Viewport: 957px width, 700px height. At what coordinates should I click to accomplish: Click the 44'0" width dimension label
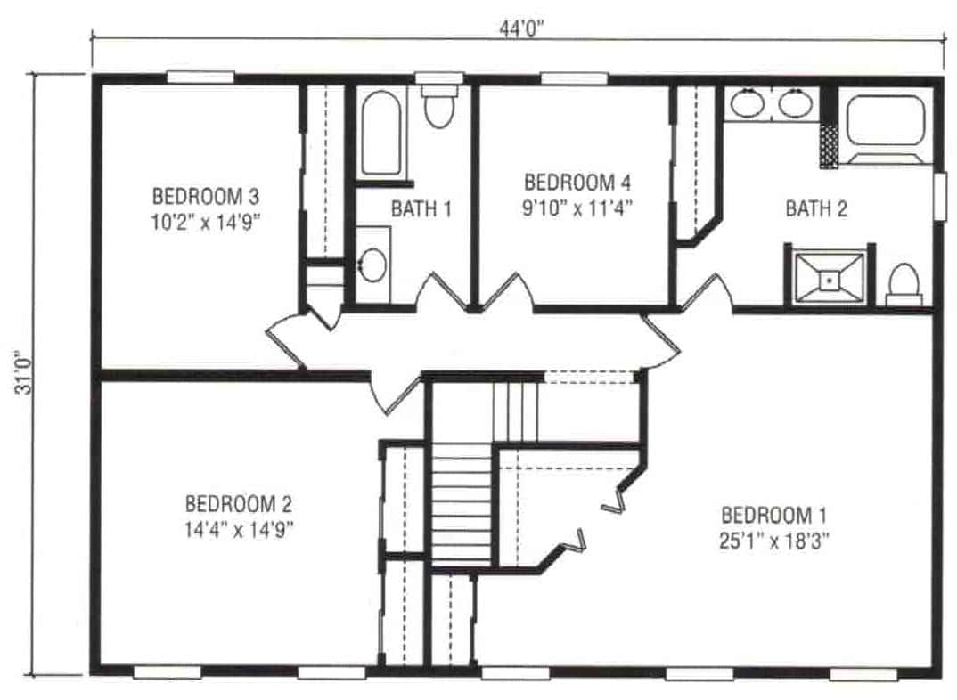[521, 26]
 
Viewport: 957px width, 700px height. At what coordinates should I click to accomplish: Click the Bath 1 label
[421, 209]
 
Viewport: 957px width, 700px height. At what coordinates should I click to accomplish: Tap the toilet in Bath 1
[438, 107]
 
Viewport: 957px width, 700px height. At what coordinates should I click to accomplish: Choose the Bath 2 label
[815, 209]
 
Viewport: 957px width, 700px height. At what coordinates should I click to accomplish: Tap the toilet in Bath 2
[904, 283]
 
